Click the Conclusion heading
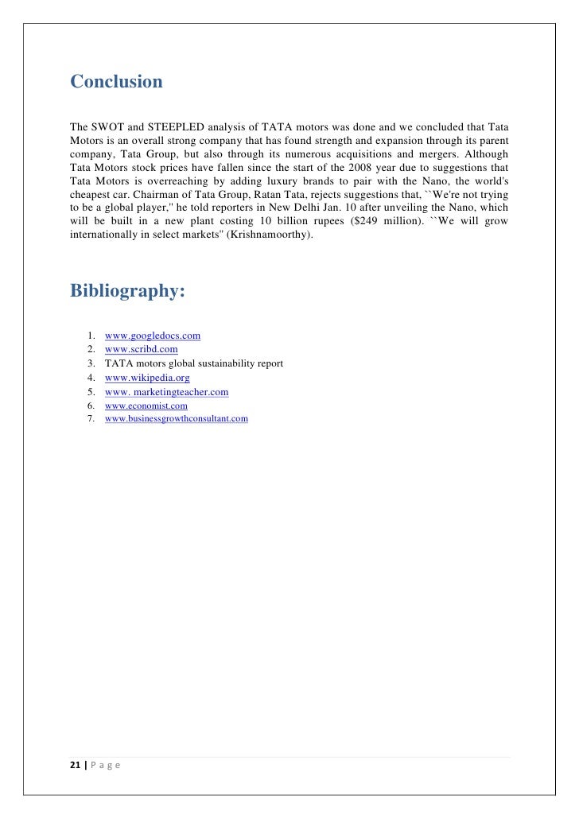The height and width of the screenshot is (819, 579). [x=116, y=82]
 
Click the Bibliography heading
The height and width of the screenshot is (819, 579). [x=127, y=291]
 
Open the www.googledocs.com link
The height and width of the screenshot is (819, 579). [x=152, y=336]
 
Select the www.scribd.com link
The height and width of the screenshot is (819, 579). [x=141, y=349]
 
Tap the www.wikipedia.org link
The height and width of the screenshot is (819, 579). [x=147, y=378]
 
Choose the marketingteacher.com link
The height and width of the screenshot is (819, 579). [x=166, y=392]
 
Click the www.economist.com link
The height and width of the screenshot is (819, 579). [x=146, y=406]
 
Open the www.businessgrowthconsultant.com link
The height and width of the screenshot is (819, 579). [x=176, y=418]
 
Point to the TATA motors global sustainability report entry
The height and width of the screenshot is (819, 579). [x=193, y=363]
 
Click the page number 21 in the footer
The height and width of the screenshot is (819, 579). [x=75, y=766]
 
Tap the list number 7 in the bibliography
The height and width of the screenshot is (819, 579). [x=91, y=418]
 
